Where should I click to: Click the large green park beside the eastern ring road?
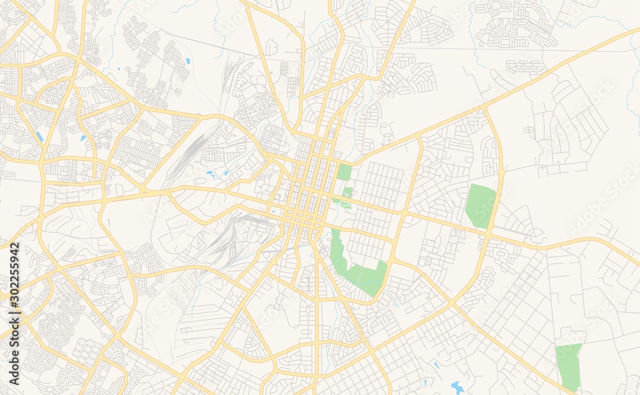tap(481, 205)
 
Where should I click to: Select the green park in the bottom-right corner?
tap(568, 366)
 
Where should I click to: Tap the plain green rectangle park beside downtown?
tap(344, 172)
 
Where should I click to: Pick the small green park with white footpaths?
tap(346, 196)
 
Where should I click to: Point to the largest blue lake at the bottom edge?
tap(457, 387)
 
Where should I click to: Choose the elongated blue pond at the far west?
tap(40, 136)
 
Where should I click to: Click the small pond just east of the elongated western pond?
tap(83, 137)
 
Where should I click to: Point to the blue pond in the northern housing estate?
tap(188, 61)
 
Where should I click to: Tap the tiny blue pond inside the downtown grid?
tap(273, 211)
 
